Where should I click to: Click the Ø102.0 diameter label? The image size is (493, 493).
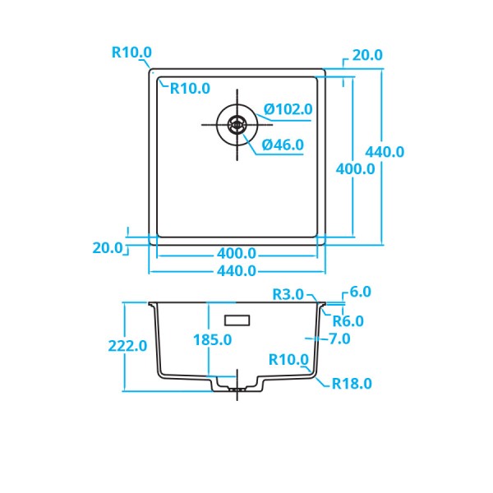coord(288,108)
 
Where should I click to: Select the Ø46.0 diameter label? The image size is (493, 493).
coord(283,145)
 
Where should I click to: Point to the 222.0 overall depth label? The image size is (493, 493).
coord(127,346)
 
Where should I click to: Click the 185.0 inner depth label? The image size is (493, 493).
coord(212,339)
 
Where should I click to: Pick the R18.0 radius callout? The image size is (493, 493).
coord(352,384)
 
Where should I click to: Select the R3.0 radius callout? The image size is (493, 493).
coord(288,294)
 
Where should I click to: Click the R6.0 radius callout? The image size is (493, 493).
coord(348,321)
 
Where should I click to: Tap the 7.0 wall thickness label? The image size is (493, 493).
coord(339,339)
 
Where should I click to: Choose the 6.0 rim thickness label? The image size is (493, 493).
coord(360,292)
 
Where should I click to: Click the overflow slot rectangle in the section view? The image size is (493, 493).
coord(239,318)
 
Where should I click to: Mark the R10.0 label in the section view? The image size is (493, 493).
coord(288,359)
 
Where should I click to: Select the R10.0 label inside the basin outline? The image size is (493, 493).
coord(190,88)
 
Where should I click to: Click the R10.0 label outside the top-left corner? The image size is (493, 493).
coord(131,53)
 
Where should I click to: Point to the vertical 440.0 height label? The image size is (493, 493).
coord(385,152)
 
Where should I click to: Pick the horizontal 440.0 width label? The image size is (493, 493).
coord(237,271)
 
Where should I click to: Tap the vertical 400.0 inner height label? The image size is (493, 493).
coord(356,168)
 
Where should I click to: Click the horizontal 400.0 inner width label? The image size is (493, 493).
coord(237,254)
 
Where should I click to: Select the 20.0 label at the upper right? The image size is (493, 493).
coord(367,55)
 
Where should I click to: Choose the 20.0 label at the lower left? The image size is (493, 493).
coord(108,247)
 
